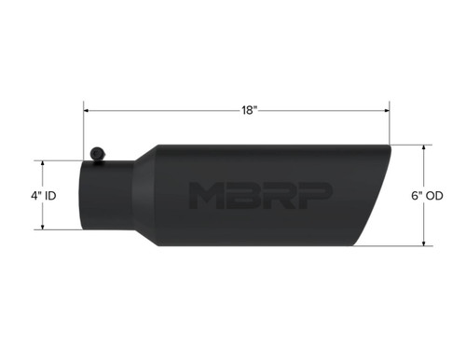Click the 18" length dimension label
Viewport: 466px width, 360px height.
click(249, 110)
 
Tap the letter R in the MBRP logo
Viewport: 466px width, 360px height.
click(279, 195)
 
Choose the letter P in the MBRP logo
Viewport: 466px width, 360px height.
click(314, 195)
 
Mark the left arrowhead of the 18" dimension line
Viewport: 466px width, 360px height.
click(86, 110)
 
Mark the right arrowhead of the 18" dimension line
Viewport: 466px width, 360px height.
click(388, 110)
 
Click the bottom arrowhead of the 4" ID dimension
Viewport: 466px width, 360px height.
click(45, 227)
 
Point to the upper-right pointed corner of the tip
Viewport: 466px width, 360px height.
click(390, 147)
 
